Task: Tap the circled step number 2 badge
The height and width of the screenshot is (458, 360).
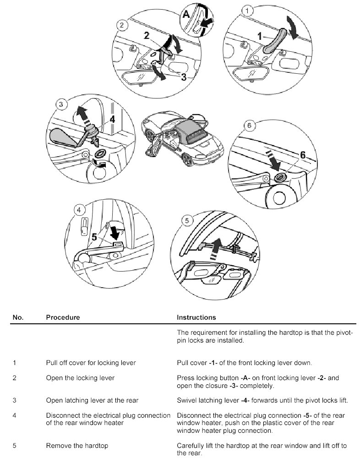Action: pos(121,26)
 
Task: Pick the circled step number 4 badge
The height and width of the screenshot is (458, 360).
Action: pos(80,210)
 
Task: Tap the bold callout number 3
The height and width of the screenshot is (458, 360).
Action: pos(184,77)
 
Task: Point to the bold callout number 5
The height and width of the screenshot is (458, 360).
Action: pos(94,237)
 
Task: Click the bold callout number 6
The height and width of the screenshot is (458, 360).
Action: pos(302,155)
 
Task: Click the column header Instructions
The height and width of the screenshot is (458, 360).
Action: pos(196,317)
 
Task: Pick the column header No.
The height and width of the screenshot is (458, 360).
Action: pos(18,317)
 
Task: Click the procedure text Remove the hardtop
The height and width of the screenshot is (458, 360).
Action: pos(71,445)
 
